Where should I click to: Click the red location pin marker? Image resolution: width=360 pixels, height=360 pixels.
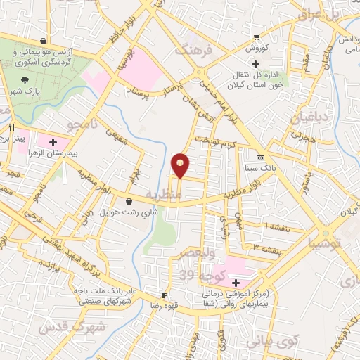tap(181, 165)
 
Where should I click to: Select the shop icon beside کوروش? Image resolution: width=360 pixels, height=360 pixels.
tap(257, 37)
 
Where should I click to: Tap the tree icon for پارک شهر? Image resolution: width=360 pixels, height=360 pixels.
tap(25, 80)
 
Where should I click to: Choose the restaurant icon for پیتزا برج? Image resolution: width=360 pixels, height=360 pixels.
tap(11, 128)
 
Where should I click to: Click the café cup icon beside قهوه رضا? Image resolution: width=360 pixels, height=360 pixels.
tap(164, 295)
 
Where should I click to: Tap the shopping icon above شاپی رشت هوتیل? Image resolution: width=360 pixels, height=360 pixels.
tap(128, 202)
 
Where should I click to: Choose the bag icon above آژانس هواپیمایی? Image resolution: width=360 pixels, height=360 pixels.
tap(44, 40)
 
